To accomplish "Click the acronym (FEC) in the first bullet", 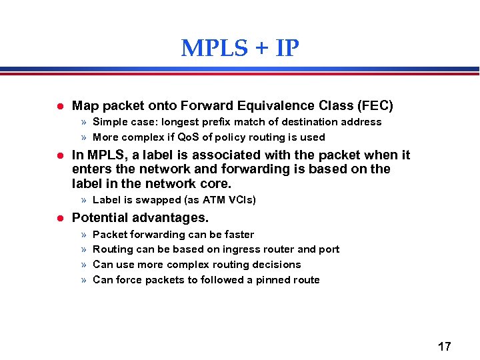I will tap(375, 105).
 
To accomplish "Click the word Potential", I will tap(99, 218).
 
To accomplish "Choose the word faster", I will tap(239, 235).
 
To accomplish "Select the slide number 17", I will tap(444, 347).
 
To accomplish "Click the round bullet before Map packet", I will tap(59, 106).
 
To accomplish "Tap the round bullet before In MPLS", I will tap(59, 156).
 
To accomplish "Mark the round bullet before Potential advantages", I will tap(59, 219).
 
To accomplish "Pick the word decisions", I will tap(277, 265).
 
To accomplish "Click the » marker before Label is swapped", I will tap(84, 200).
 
